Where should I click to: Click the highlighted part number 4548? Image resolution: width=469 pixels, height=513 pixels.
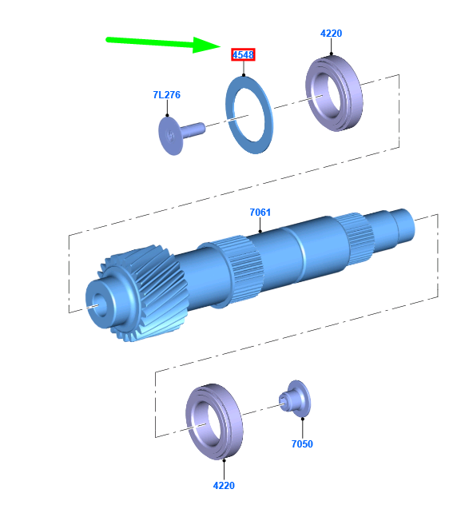click(x=243, y=55)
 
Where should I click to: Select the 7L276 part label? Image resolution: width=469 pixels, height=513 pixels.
click(x=167, y=95)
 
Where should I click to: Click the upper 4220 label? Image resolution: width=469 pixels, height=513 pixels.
click(x=331, y=34)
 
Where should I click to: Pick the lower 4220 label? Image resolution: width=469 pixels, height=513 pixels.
click(x=224, y=486)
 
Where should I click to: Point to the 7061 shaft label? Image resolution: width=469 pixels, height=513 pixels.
click(x=260, y=213)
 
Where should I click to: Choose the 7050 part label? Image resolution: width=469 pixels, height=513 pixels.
click(x=302, y=444)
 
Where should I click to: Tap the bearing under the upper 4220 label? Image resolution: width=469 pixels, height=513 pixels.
click(x=334, y=93)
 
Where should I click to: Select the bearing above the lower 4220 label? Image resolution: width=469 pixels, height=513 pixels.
click(x=214, y=422)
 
